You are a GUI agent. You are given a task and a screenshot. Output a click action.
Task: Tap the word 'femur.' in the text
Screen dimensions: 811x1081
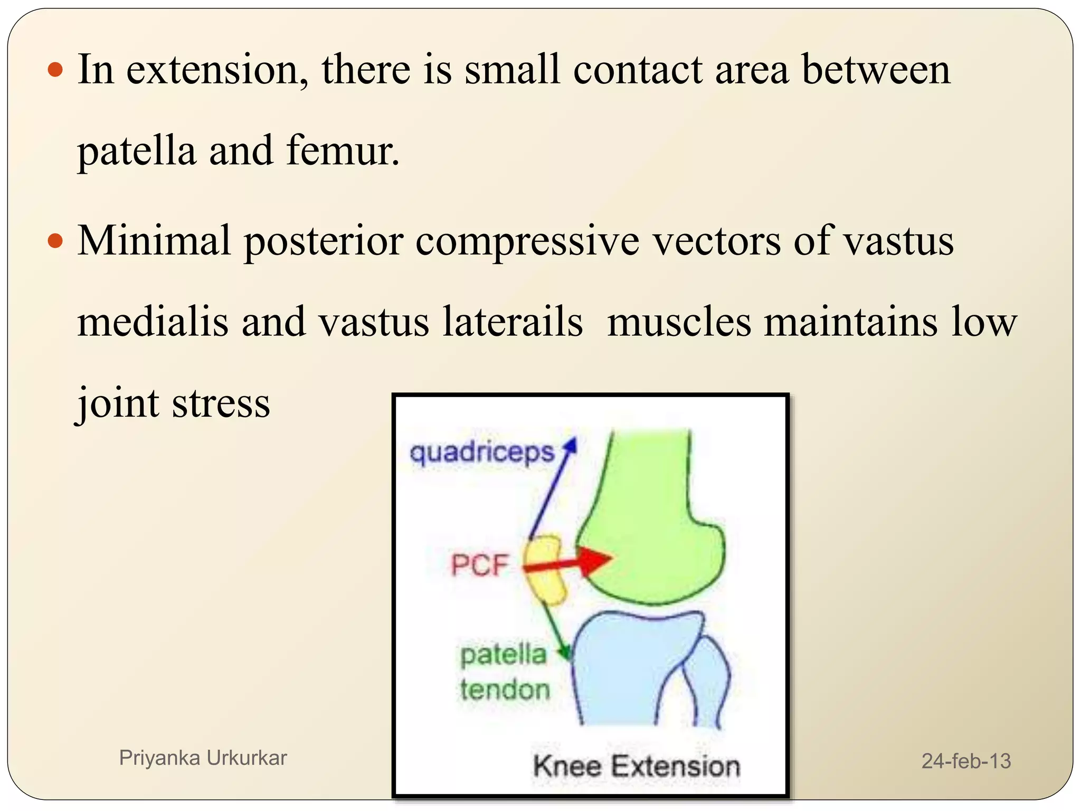click(x=343, y=152)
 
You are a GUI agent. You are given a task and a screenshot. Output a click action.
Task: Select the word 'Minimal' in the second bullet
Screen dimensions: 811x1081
click(x=154, y=241)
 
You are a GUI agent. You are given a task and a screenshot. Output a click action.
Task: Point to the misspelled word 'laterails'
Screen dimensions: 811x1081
click(x=513, y=322)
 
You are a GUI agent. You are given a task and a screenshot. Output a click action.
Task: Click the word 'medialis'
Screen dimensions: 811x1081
click(x=153, y=322)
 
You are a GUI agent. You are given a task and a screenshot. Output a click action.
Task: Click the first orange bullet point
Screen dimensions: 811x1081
click(x=55, y=70)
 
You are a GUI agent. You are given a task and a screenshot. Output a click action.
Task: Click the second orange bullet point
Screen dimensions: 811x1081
click(x=55, y=242)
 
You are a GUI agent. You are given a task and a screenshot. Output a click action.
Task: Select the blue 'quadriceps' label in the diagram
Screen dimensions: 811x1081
click(x=482, y=453)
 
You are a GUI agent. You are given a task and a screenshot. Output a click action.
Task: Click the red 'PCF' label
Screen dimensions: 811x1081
click(x=479, y=565)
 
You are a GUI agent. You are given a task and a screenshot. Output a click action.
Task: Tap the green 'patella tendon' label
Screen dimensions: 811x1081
click(x=504, y=672)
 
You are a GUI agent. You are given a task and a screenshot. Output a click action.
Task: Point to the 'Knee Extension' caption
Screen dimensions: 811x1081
click(x=636, y=766)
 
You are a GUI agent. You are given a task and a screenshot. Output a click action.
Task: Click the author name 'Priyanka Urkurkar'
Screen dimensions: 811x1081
click(x=203, y=758)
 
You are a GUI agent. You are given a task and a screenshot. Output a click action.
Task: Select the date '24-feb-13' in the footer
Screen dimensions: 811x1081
click(x=965, y=761)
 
